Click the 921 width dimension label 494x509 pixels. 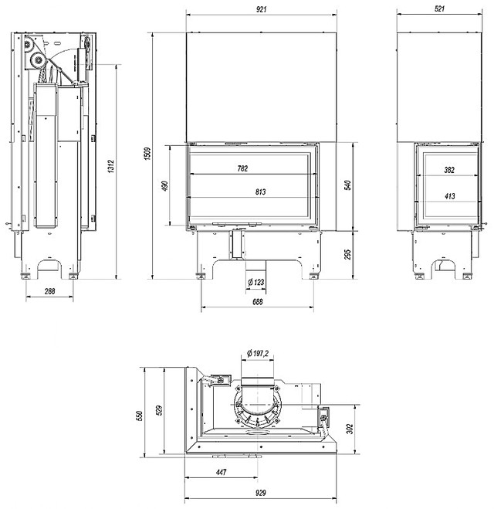261,9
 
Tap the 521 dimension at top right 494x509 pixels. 439,8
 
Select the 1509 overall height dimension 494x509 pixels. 147,154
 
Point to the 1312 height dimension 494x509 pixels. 111,166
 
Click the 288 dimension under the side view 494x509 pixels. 49,291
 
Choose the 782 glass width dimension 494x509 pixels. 242,168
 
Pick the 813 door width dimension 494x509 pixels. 260,192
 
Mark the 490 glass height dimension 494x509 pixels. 165,186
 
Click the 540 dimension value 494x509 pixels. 347,185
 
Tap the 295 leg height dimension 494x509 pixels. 347,255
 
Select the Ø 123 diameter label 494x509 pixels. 256,283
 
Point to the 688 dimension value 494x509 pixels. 257,301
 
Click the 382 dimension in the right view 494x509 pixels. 449,170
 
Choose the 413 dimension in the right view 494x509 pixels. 449,196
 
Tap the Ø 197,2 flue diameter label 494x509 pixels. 258,353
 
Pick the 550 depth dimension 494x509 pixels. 140,416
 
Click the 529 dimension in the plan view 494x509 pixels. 158,411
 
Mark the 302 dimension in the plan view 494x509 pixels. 350,429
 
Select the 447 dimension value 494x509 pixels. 222,472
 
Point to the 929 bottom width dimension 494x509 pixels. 260,493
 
